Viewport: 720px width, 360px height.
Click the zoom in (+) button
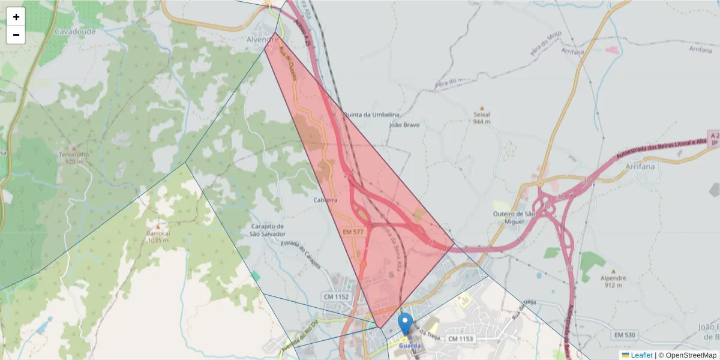16,17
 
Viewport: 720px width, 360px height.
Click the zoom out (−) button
16,35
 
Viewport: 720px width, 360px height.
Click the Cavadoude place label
75,31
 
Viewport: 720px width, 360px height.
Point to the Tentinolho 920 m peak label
74,157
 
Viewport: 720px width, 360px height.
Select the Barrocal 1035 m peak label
157,236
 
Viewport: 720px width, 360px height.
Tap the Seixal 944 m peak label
482,118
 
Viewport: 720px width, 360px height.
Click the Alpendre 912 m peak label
613,281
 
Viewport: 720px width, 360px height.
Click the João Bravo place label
404,125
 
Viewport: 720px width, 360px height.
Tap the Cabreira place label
326,200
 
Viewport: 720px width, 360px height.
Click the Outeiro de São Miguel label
513,218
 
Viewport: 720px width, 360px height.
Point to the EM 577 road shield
353,232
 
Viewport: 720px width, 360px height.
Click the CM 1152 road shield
336,296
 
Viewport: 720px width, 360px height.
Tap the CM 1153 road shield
461,339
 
